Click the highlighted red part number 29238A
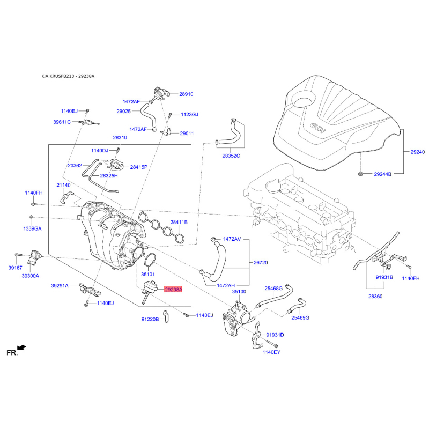click(x=173, y=290)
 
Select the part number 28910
click(x=186, y=94)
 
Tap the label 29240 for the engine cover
click(x=418, y=152)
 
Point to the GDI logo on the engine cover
click(x=317, y=127)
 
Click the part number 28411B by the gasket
click(x=179, y=222)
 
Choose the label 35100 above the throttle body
click(x=239, y=291)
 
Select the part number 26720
click(x=260, y=263)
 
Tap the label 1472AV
click(x=232, y=238)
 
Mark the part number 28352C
click(x=231, y=156)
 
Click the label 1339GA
click(x=32, y=228)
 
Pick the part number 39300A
click(x=31, y=276)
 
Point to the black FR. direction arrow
click(x=22, y=348)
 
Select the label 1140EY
click(x=271, y=352)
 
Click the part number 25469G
click(x=300, y=317)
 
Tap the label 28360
click(x=375, y=296)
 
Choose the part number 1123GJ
click(x=189, y=115)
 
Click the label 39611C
click(x=62, y=122)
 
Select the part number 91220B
click(x=150, y=319)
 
